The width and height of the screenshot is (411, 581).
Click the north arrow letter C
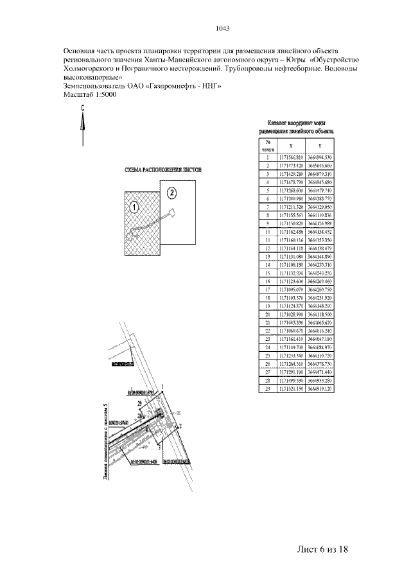[x=83, y=109]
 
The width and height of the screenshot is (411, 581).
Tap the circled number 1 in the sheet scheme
[x=133, y=207]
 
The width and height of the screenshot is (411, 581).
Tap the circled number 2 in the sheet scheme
[x=171, y=191]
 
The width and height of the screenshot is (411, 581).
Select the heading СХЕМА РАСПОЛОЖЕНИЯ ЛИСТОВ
[x=162, y=171]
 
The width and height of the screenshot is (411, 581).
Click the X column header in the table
[x=292, y=146]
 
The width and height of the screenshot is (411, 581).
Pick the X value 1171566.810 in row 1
[x=291, y=157]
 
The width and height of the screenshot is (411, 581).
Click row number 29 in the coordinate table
[x=267, y=389]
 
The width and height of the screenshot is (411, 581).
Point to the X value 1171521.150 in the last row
[x=291, y=389]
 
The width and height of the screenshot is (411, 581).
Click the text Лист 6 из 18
[x=322, y=549]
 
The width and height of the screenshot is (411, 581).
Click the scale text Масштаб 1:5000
[x=90, y=94]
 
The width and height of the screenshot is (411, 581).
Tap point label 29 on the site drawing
[x=139, y=401]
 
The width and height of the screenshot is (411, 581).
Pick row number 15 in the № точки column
[x=267, y=272]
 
